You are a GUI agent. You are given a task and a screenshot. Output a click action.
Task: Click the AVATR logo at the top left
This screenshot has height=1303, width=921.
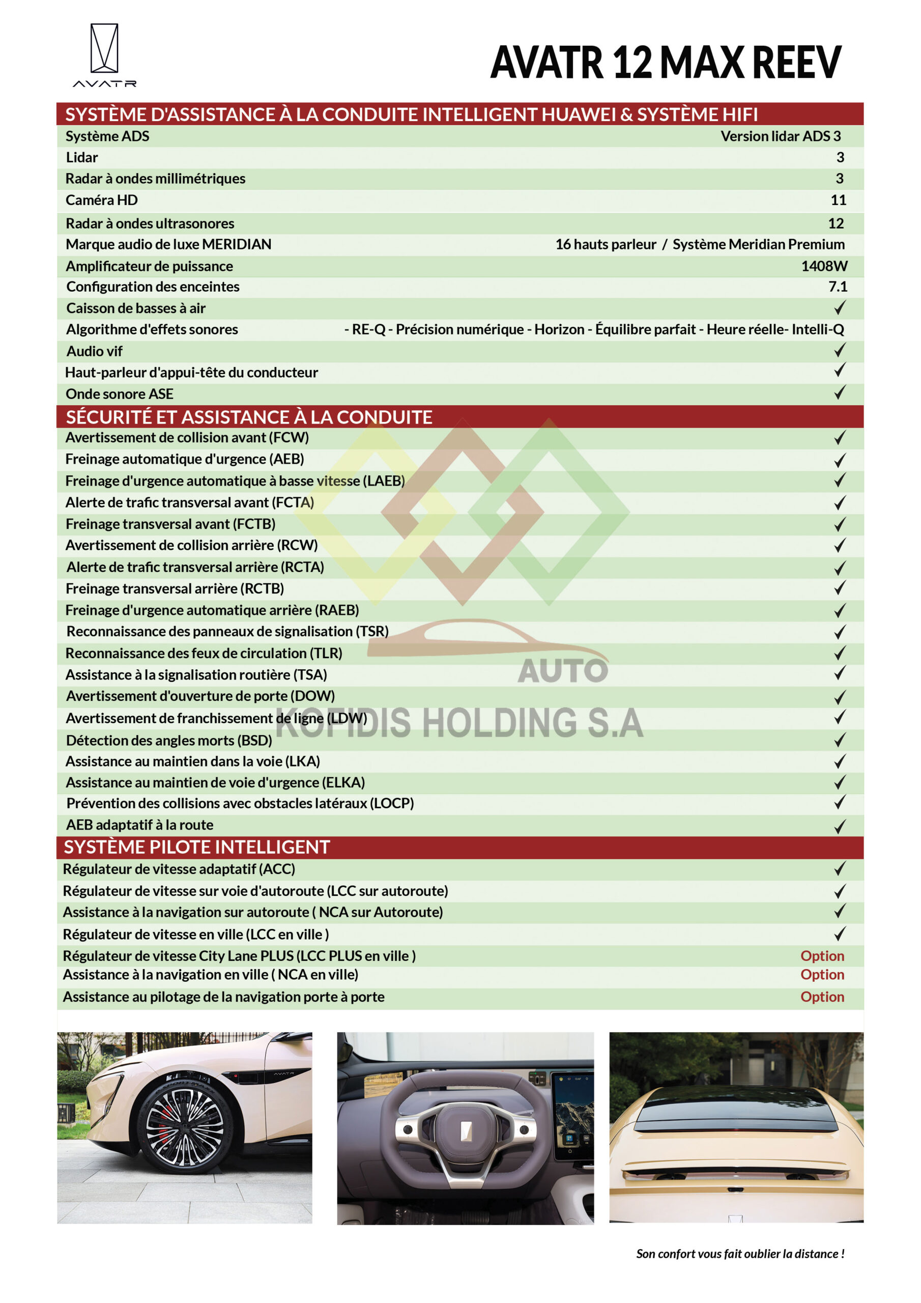click(104, 54)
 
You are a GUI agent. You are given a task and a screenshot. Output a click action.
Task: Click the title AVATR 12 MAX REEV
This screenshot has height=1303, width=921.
click(665, 63)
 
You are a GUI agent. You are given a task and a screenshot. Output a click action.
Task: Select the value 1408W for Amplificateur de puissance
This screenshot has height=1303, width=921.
click(823, 266)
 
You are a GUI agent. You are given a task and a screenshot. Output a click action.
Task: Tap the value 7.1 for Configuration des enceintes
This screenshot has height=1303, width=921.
click(837, 287)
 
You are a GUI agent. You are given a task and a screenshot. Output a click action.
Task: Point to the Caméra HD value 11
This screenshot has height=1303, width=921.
click(838, 201)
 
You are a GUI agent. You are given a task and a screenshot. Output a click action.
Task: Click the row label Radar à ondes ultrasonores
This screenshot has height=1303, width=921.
click(150, 223)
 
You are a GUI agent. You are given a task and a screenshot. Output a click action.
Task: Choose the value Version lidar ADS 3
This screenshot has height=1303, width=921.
click(780, 136)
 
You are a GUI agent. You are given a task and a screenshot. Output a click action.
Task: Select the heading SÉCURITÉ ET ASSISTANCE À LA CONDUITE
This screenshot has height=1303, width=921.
click(249, 417)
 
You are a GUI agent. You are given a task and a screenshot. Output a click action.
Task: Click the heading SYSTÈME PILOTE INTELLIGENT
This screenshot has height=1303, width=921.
click(196, 847)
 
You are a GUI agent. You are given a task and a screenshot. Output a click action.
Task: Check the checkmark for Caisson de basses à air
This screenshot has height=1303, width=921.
click(839, 308)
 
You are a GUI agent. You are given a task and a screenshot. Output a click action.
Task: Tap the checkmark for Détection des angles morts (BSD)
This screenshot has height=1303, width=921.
click(839, 740)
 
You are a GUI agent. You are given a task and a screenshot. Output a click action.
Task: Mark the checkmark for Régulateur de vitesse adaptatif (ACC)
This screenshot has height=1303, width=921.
click(839, 869)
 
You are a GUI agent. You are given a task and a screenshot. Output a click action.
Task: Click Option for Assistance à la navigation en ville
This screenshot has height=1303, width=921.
click(822, 975)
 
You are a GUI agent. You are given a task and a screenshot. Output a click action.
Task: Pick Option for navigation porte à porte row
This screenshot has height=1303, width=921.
click(822, 997)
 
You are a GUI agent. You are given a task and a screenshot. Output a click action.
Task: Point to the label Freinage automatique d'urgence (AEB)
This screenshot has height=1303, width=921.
click(184, 459)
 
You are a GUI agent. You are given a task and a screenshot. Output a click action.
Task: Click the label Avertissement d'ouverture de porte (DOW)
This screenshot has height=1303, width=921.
click(200, 696)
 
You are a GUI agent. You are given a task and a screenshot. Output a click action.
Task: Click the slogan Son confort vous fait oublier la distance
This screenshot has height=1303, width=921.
click(739, 1254)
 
